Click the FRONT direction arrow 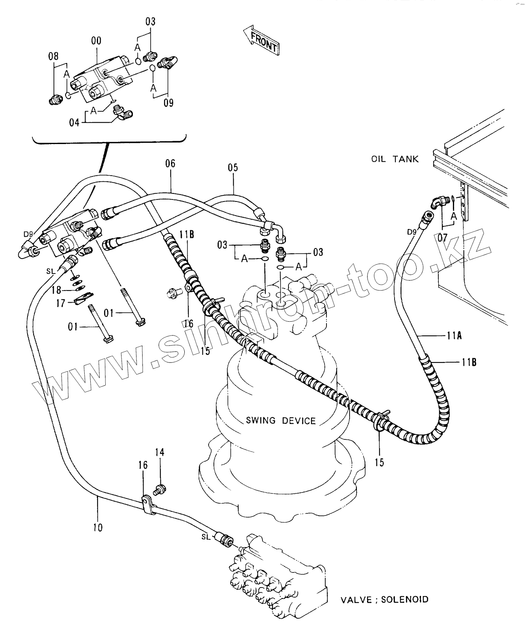[261, 40]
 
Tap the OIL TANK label [395, 159]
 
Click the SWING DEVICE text [281, 420]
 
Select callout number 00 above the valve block [96, 40]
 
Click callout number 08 [53, 56]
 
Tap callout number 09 [169, 103]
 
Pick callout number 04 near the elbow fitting [74, 122]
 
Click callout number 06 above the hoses [171, 163]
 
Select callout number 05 [233, 168]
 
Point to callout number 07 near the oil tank [442, 238]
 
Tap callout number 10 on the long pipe [98, 527]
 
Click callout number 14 [160, 452]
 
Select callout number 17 [61, 303]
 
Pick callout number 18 [56, 290]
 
